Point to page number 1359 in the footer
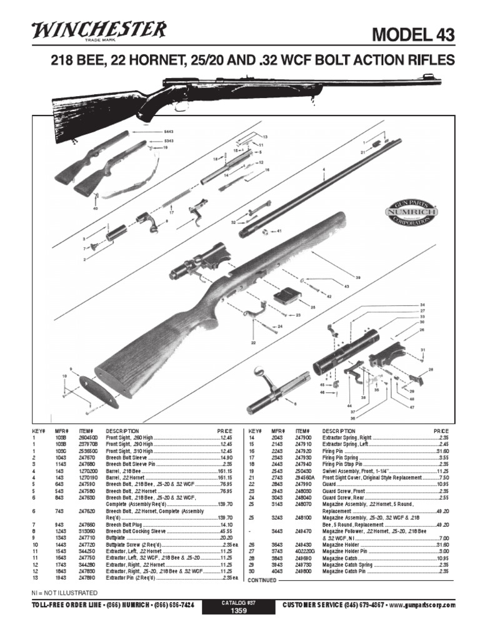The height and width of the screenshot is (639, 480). click(239, 612)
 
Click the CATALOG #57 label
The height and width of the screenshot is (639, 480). click(239, 603)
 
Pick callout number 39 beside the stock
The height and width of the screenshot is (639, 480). click(359, 277)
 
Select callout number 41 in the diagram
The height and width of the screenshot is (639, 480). click(279, 232)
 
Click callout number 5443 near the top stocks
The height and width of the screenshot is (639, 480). click(168, 132)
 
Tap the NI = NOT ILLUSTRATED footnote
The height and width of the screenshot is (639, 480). click(64, 592)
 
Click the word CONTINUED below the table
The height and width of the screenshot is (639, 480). click(262, 580)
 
